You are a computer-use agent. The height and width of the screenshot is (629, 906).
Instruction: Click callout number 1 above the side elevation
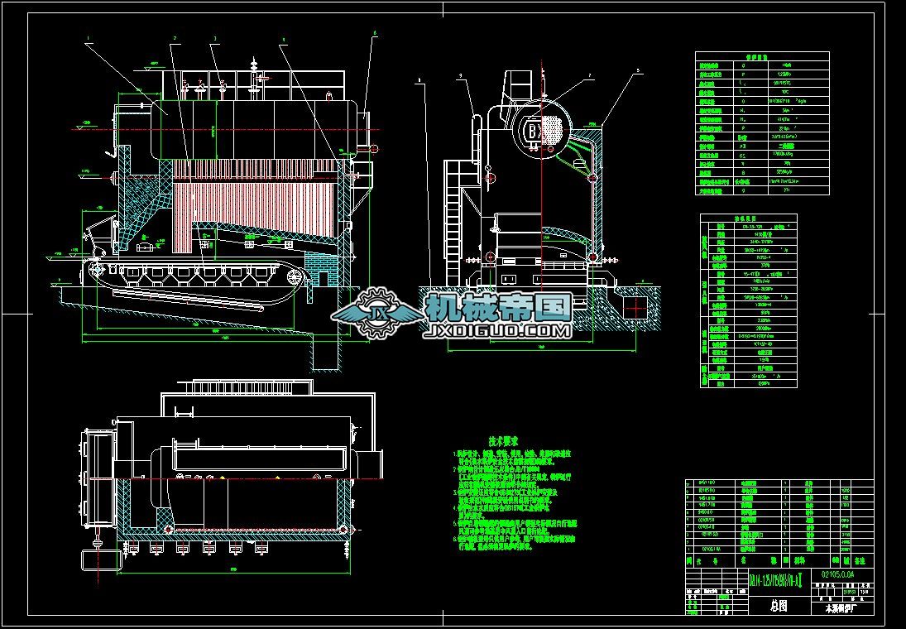click(88, 37)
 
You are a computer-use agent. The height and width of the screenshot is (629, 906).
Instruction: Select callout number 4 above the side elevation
click(284, 39)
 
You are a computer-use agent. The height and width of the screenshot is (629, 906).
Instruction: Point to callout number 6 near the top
click(374, 33)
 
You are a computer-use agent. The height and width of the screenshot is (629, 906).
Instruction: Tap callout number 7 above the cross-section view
click(589, 76)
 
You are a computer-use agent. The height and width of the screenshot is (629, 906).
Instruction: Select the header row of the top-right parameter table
click(761, 55)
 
